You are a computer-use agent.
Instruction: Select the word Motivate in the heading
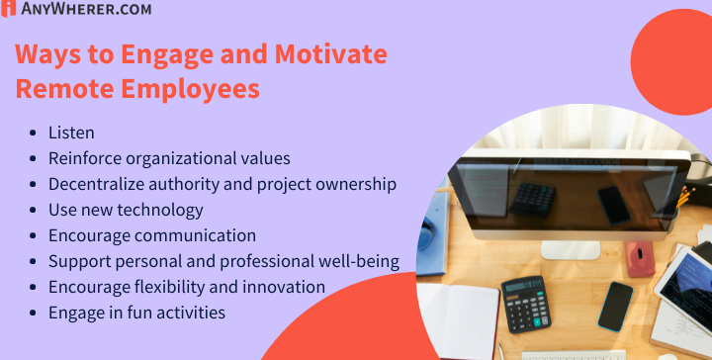pyautogui.click(x=322, y=54)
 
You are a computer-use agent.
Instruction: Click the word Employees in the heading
pyautogui.click(x=190, y=89)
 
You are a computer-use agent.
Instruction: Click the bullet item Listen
pyautogui.click(x=71, y=132)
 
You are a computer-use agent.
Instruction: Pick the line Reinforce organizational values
pyautogui.click(x=168, y=157)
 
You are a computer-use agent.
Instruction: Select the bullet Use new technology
pyautogui.click(x=126, y=210)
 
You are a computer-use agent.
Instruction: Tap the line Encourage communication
pyautogui.click(x=151, y=235)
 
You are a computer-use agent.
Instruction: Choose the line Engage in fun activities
pyautogui.click(x=136, y=313)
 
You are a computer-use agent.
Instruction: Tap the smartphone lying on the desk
pyautogui.click(x=616, y=306)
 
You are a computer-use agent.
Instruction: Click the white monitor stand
pyautogui.click(x=570, y=248)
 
